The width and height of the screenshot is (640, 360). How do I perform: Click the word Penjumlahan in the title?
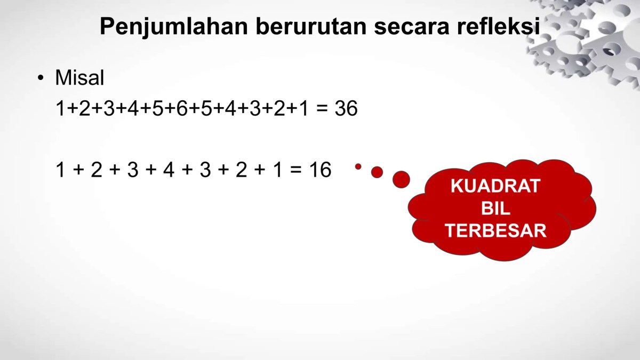coord(174,27)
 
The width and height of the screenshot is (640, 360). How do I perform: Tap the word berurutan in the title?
coord(311,26)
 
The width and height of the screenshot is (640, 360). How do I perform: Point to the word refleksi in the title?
coord(499,26)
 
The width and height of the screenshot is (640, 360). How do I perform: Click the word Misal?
coord(79,77)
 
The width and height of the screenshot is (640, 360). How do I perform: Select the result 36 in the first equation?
coord(346,108)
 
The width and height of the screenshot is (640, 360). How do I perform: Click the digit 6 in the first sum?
coord(182,108)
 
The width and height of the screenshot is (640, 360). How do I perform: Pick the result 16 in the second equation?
coord(321,170)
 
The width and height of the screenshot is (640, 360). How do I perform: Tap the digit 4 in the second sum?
coord(169,170)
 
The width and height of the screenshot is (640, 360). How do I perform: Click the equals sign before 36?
coord(322,109)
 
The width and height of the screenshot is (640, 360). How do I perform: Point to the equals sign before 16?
coord(295,170)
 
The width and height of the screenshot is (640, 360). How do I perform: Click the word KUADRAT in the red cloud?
coord(495,186)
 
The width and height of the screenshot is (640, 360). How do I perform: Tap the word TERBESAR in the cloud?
coord(495,230)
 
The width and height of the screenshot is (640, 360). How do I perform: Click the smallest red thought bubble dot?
coord(358,166)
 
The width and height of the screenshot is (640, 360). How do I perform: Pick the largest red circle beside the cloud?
coord(401,179)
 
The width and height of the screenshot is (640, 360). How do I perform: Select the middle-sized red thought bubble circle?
coord(377,172)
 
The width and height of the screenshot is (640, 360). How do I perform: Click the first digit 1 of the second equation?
coord(60,170)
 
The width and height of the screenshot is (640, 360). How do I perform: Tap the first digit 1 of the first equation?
coord(60,108)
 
